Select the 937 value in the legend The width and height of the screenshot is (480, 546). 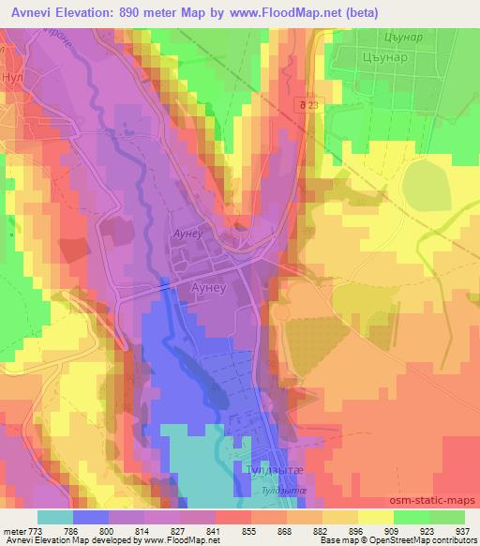(462, 532)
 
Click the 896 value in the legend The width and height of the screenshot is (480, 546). (355, 532)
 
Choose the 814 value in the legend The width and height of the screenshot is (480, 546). (142, 532)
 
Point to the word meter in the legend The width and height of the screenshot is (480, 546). (13, 532)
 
